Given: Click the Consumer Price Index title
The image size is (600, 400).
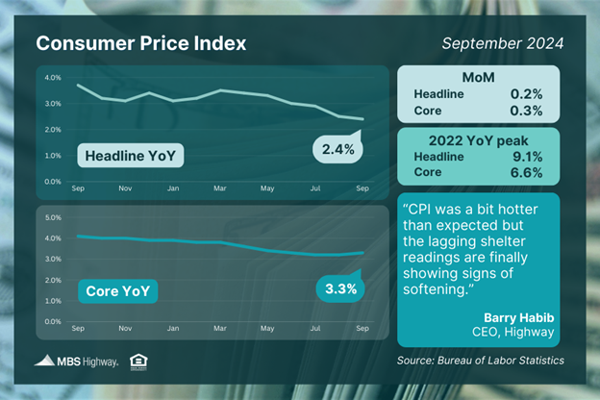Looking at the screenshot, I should tap(140, 44).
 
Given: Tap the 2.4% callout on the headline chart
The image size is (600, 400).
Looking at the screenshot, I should tap(338, 149).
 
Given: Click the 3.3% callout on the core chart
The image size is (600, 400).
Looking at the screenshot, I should tap(338, 288).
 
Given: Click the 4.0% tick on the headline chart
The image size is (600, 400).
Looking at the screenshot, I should tap(53, 78).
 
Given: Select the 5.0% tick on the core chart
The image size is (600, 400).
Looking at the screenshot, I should tap(53, 217).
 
